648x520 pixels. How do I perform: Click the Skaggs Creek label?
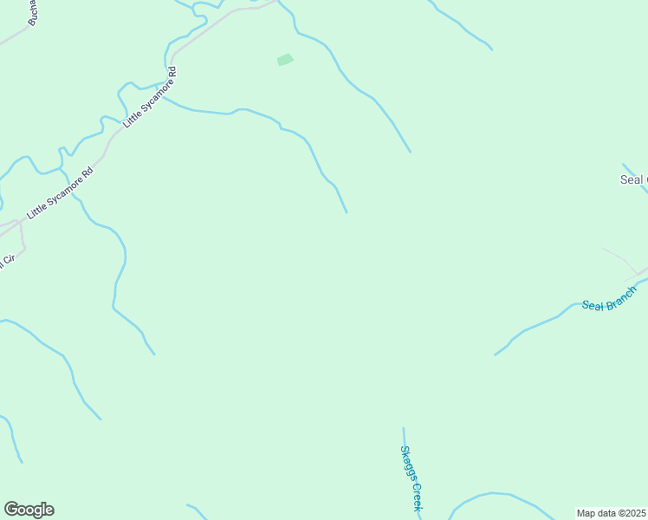[x=410, y=478]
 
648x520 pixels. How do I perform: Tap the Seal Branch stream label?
[x=609, y=298]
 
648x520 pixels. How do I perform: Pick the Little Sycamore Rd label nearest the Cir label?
[x=59, y=192]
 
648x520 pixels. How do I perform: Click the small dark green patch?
[x=285, y=60]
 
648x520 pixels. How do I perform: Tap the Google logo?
[x=29, y=510]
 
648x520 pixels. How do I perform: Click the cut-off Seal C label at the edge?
[x=633, y=180]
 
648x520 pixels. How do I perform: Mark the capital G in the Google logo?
[x=12, y=509]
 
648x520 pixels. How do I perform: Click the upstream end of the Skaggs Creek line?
[x=403, y=427]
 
